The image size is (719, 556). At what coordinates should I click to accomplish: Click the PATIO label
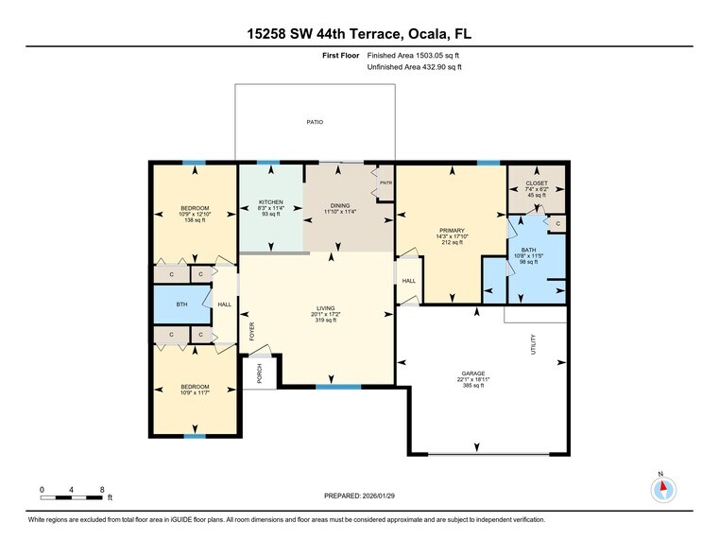point(315,122)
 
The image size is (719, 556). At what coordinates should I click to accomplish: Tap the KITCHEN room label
point(271,201)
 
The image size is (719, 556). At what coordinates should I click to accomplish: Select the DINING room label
point(339,205)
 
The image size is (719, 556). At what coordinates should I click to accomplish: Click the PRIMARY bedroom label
point(452,230)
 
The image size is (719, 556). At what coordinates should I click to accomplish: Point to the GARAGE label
point(473,373)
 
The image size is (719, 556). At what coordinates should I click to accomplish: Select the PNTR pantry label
point(385,172)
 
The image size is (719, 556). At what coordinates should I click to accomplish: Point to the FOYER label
point(251,332)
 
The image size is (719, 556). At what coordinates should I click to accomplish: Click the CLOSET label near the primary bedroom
point(536,182)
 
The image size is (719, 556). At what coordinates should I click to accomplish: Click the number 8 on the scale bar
point(102,489)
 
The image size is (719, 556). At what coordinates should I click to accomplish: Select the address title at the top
point(359,34)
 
